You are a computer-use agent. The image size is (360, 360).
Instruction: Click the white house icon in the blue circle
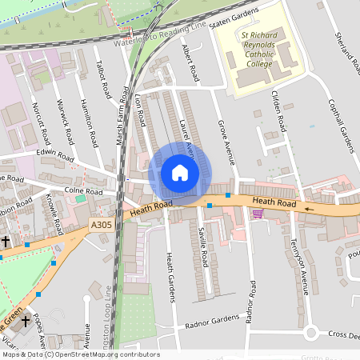point(180,173)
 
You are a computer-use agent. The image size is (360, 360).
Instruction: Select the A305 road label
point(102,226)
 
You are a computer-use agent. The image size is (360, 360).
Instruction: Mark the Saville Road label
point(205,249)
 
